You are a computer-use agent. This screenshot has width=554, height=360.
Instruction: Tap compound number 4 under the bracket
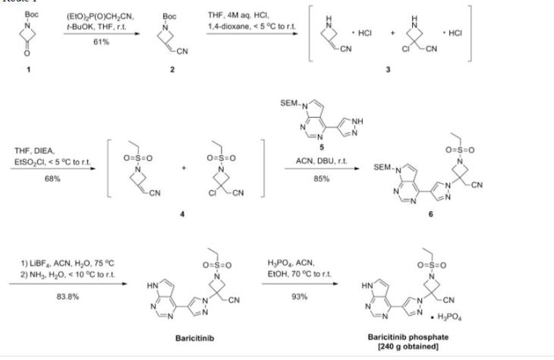(x=181, y=214)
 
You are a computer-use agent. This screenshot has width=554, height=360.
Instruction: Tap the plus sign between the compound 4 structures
(x=183, y=169)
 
